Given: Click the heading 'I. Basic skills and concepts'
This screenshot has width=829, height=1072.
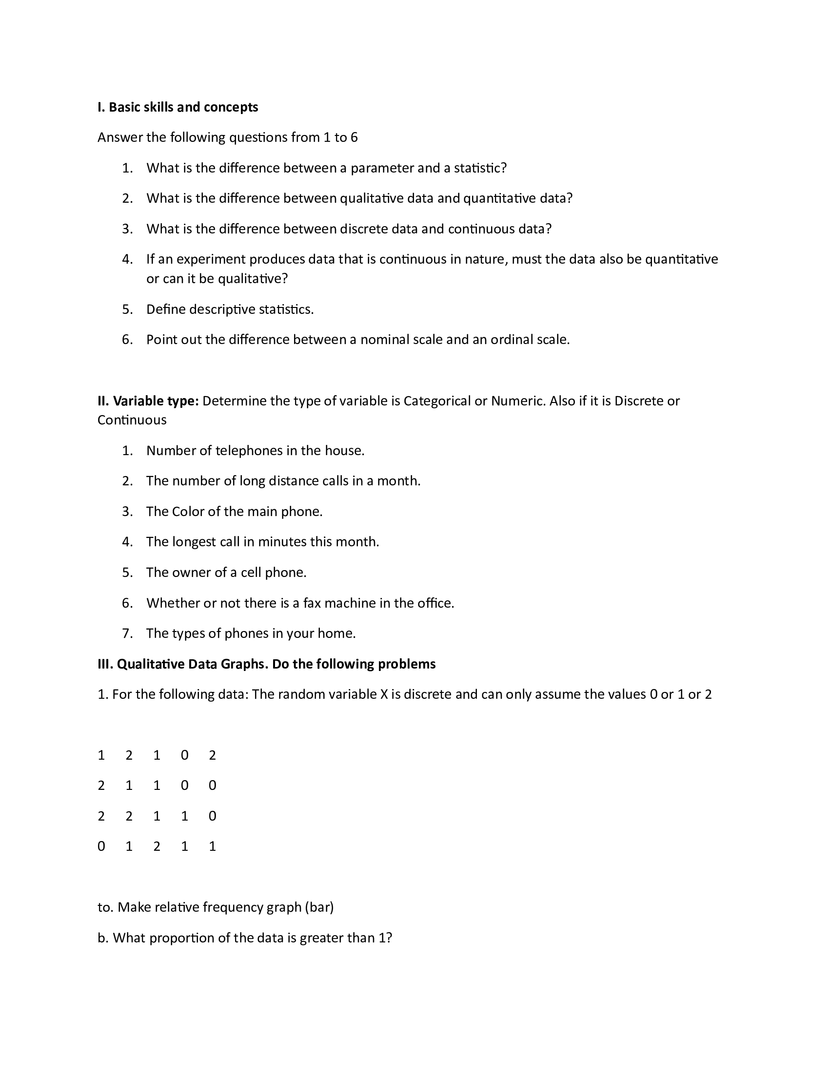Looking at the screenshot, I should point(178,107).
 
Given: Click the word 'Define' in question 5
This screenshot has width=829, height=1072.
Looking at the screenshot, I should point(165,309).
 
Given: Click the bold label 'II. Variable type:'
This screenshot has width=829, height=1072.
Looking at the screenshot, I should point(148,401).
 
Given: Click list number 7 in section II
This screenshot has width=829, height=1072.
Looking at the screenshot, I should point(127,633).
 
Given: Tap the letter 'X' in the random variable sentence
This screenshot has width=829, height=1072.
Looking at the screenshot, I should point(384,694).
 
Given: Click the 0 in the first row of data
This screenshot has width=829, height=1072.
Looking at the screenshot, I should point(185,755).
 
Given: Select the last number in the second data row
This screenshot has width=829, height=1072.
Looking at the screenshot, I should point(212,785).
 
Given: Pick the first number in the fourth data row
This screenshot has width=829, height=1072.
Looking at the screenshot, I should point(101,846).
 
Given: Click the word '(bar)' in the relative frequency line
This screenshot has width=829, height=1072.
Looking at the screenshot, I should point(319,907).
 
